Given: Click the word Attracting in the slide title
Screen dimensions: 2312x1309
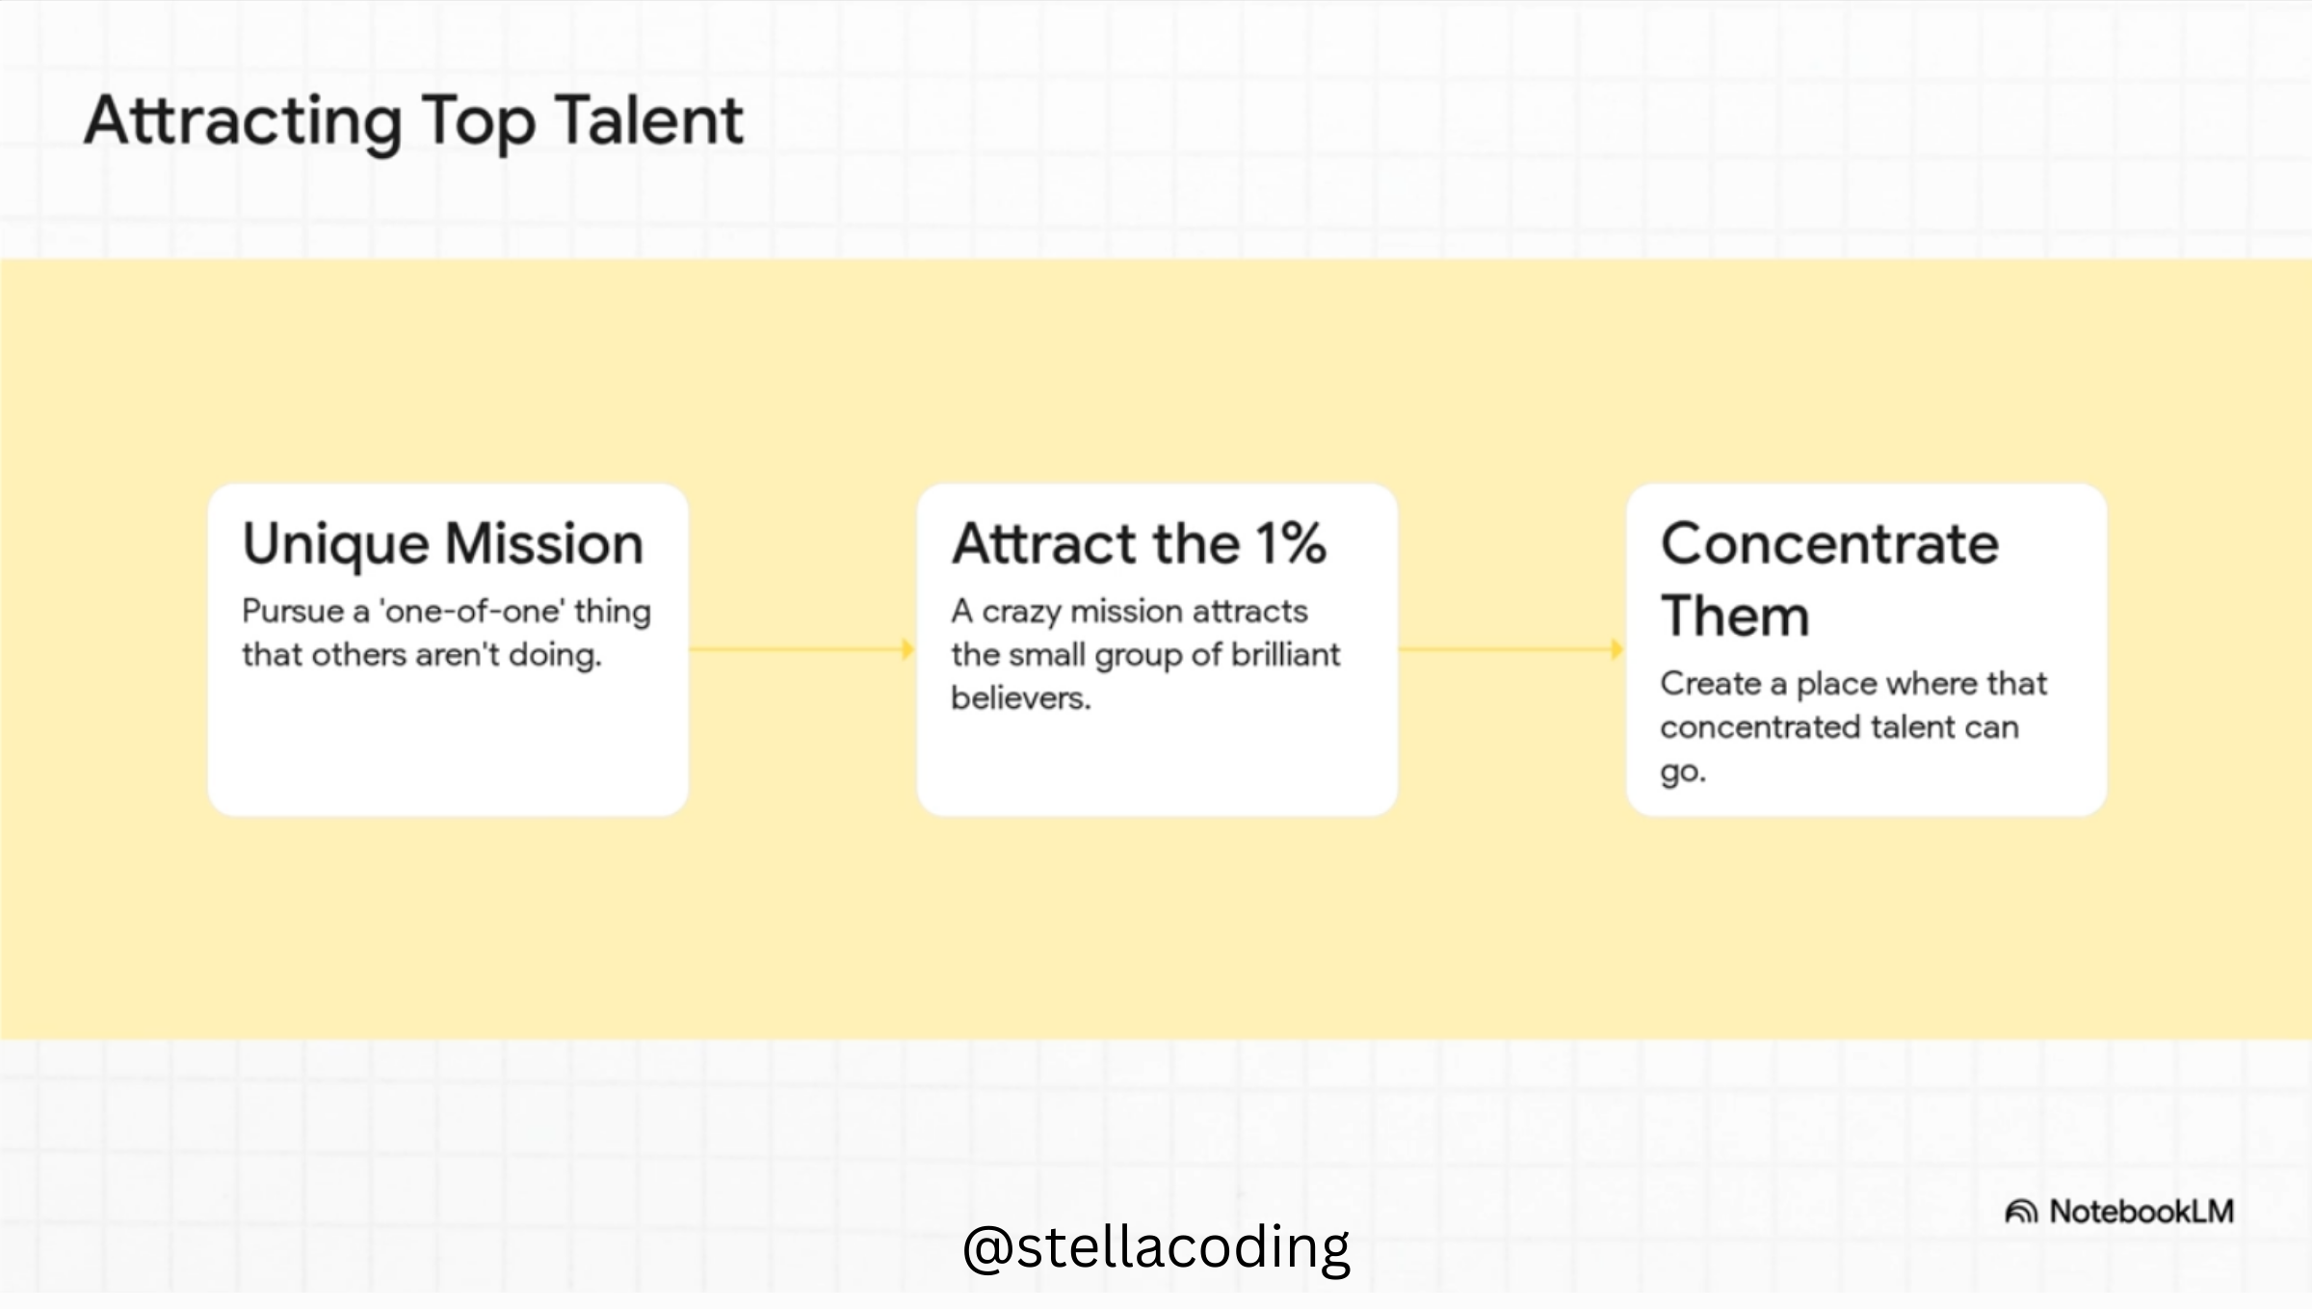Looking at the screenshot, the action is tap(244, 123).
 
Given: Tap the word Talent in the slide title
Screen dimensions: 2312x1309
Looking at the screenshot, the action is tap(649, 120).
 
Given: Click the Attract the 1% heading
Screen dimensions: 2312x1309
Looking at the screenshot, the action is tap(1140, 543).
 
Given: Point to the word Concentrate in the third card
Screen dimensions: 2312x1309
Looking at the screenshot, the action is tap(1830, 544).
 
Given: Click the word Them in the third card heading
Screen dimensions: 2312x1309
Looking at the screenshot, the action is tap(1735, 615).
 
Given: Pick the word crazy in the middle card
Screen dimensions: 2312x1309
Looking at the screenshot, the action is tap(1021, 613).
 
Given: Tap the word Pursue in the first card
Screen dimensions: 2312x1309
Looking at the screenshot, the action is tap(293, 611).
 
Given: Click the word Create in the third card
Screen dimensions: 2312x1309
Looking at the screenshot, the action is tap(1711, 683).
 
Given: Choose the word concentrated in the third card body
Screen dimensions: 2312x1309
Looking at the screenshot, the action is tap(1747, 727).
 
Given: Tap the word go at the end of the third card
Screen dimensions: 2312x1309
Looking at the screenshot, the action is tap(1681, 772).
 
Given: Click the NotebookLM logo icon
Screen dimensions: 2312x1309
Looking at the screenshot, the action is tap(2020, 1211).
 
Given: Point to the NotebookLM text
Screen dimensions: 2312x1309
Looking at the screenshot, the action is tap(2141, 1211).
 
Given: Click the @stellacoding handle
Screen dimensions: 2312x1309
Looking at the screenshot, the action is tap(1156, 1247).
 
